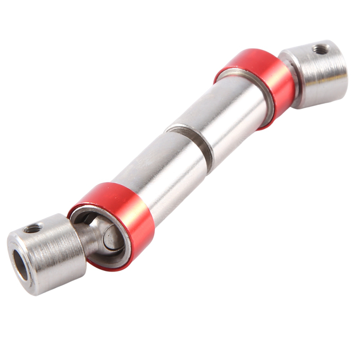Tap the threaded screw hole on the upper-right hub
(x=321, y=49)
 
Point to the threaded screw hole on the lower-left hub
(x=33, y=228)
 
